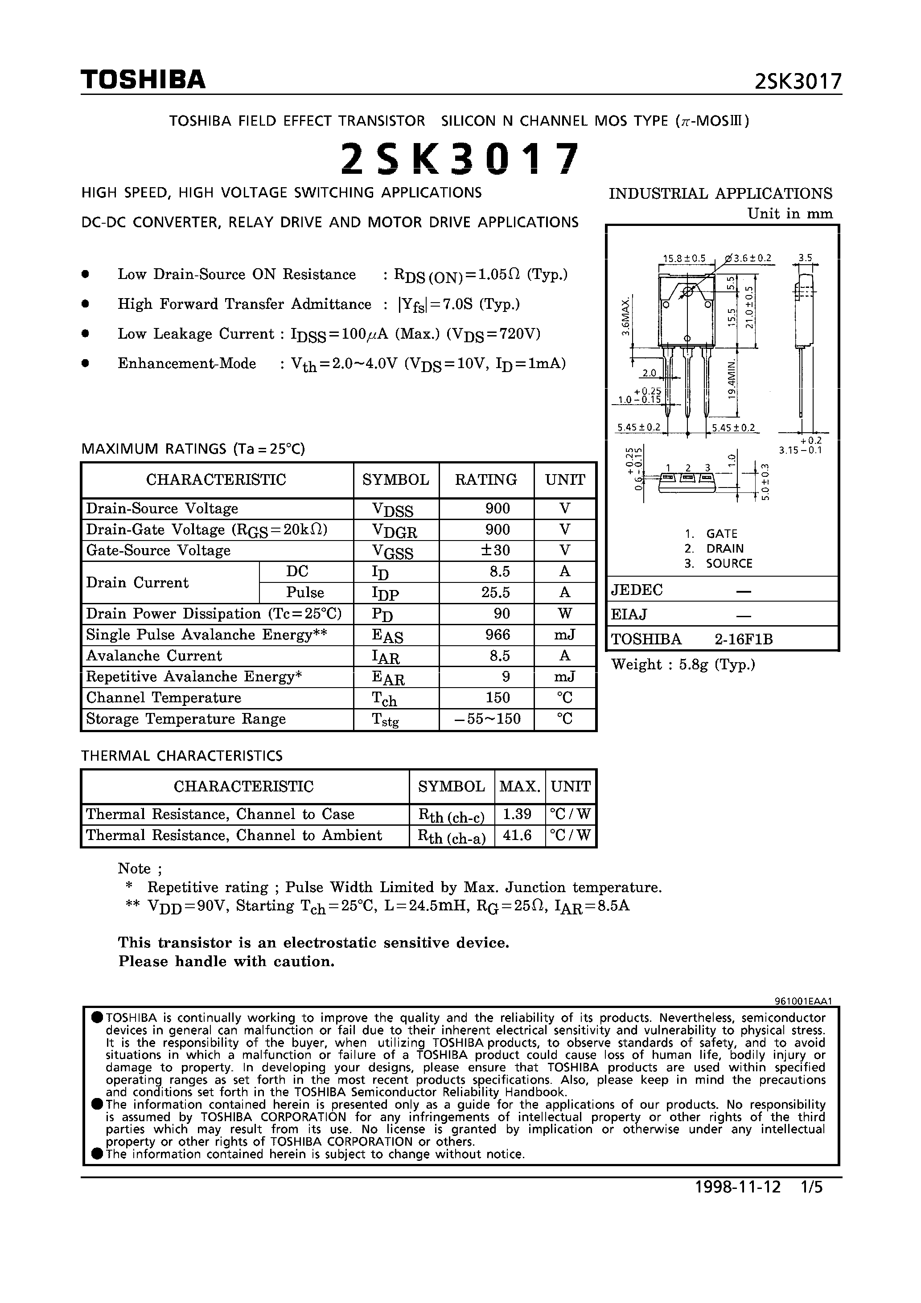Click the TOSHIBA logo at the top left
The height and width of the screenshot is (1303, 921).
[x=143, y=79]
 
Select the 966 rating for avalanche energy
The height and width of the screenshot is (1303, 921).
[x=498, y=635]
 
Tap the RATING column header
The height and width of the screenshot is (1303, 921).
[x=485, y=480]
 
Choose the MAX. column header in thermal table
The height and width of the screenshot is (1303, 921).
[x=519, y=787]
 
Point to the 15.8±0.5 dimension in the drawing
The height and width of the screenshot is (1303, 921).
[x=684, y=258]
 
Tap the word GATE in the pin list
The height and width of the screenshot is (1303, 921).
[x=721, y=534]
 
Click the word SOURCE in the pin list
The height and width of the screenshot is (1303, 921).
[x=728, y=564]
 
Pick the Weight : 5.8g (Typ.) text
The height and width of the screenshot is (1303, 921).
[x=683, y=664]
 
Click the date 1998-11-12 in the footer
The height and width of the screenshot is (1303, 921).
[x=738, y=1203]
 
